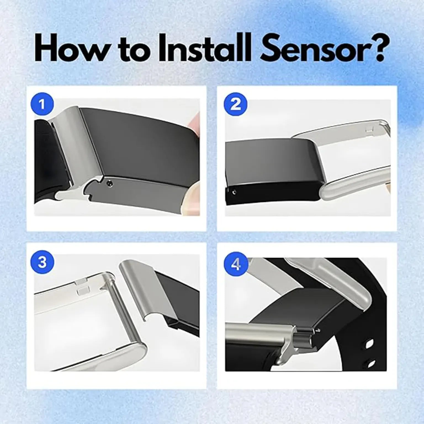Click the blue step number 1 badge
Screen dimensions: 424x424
[42, 105]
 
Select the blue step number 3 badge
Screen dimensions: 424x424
[42, 263]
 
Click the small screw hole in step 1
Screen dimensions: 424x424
[110, 182]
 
